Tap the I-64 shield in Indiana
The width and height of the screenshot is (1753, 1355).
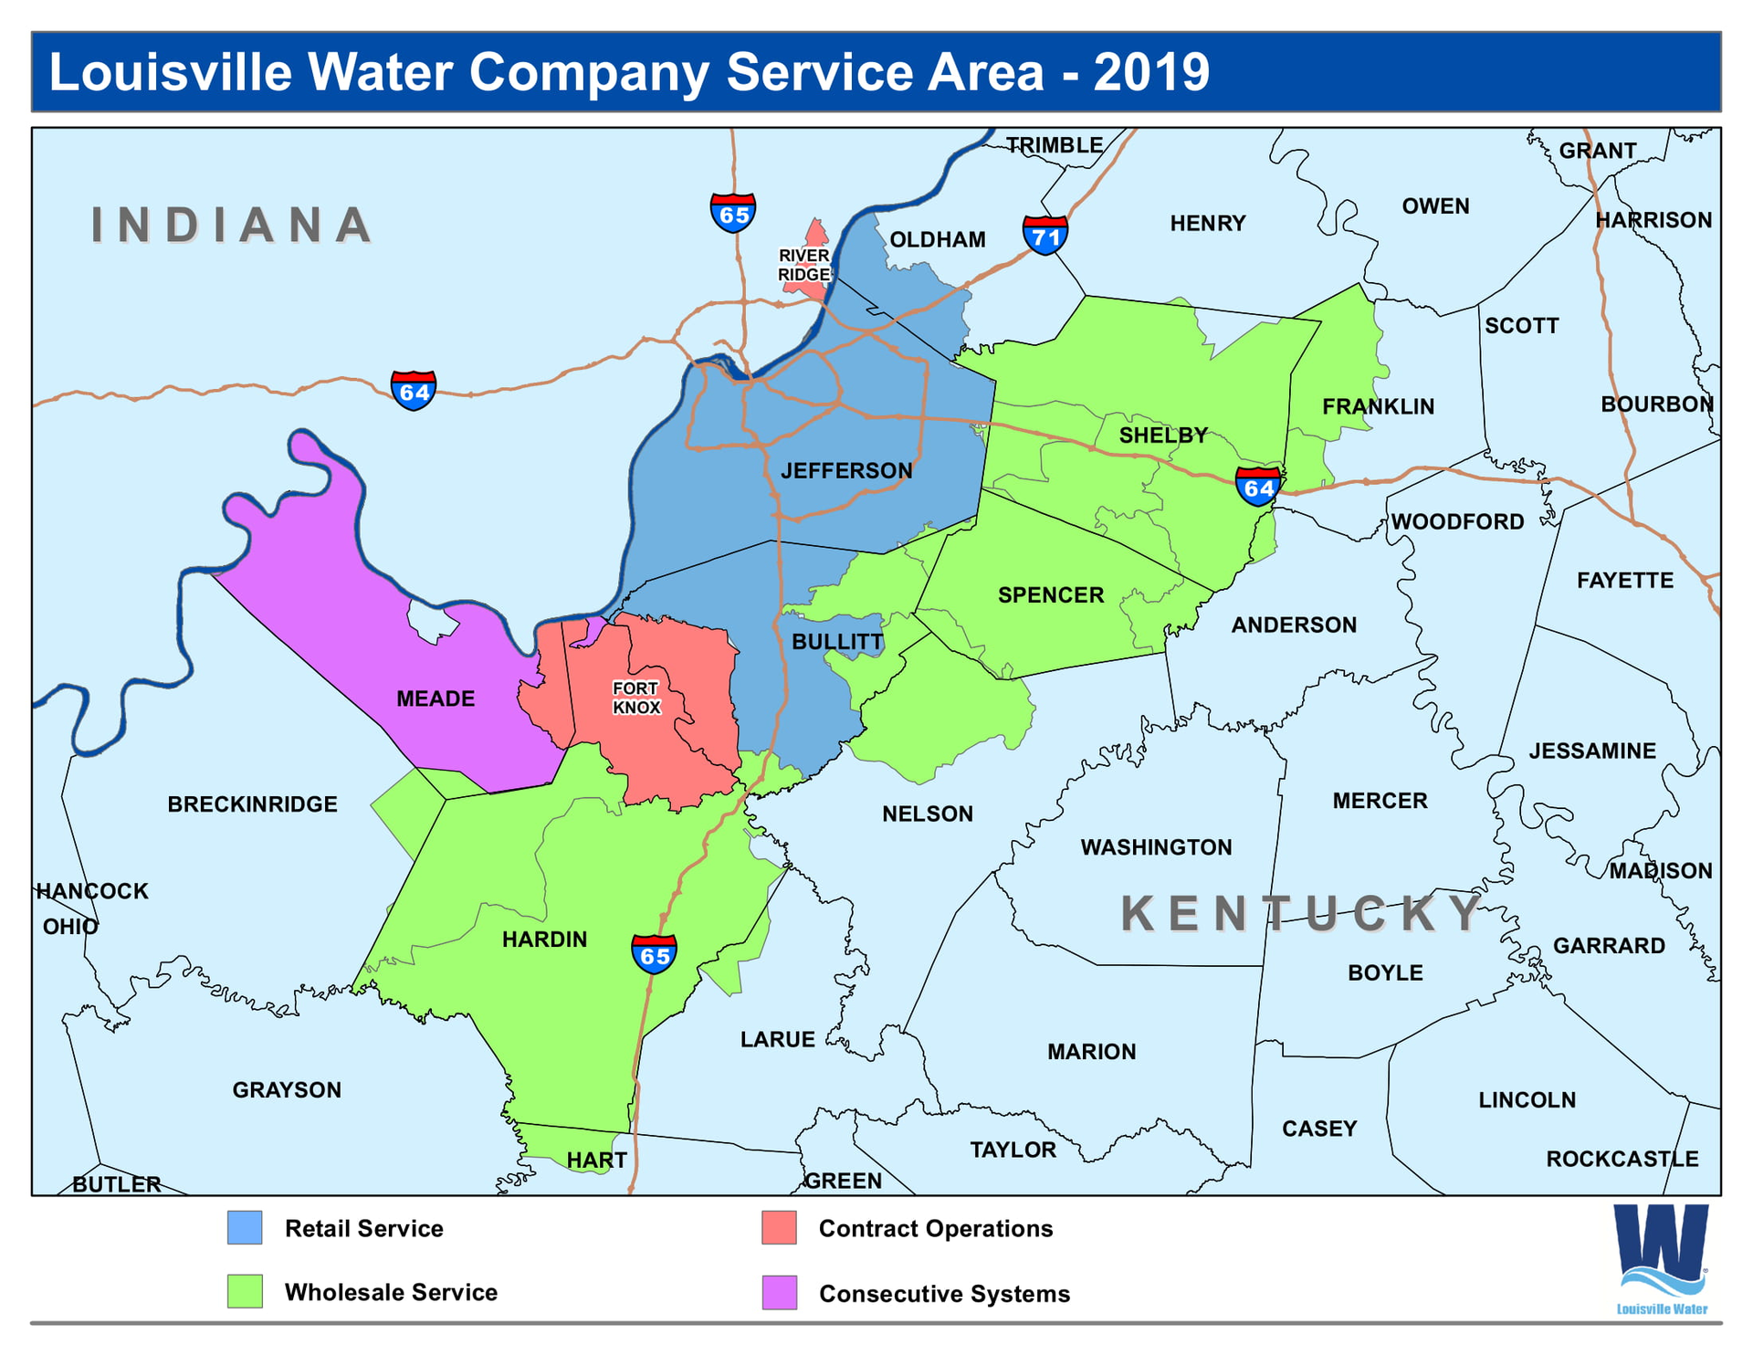[x=413, y=391]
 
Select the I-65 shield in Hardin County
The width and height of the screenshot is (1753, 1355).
[x=655, y=954]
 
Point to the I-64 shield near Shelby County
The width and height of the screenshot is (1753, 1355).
[x=1258, y=487]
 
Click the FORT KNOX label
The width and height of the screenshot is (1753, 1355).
[x=636, y=698]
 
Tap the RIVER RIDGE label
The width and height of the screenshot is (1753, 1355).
[x=803, y=265]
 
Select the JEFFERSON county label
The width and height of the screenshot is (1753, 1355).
[x=846, y=470]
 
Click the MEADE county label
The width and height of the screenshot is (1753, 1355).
[x=436, y=699]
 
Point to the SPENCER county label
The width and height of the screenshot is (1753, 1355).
[x=1051, y=595]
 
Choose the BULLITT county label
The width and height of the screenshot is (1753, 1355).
[x=836, y=642]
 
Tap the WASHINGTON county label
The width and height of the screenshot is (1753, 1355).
[x=1156, y=847]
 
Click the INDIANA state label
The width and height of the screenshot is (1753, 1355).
[x=232, y=225]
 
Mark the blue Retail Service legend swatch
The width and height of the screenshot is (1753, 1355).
[x=245, y=1228]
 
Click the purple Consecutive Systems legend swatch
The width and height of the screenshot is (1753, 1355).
[x=779, y=1293]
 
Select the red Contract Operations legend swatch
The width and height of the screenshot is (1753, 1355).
[x=779, y=1228]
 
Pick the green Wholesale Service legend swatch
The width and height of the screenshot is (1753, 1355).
[x=245, y=1292]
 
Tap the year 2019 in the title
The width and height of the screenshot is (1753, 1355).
[x=1151, y=72]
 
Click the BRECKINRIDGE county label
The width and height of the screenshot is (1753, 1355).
[x=252, y=804]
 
